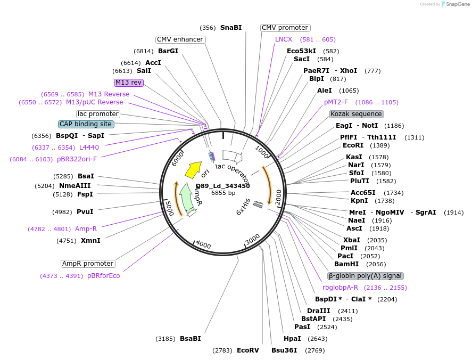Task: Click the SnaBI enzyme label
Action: (x=231, y=28)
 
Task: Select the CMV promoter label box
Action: (x=285, y=28)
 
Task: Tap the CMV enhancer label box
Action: (x=180, y=39)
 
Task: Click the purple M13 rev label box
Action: (x=129, y=83)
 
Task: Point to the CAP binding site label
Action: (x=86, y=124)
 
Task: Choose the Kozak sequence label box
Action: (x=357, y=114)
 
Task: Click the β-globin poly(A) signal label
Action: (x=366, y=276)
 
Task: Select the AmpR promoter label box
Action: (x=88, y=264)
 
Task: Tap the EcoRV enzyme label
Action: (x=247, y=350)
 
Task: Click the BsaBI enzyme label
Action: (x=191, y=339)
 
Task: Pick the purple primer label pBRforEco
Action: (x=104, y=276)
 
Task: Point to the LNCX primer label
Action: (x=284, y=39)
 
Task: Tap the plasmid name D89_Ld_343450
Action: (x=223, y=186)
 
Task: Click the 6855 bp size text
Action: (x=223, y=193)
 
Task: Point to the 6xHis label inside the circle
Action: (x=243, y=206)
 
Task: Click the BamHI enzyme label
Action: (x=346, y=264)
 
